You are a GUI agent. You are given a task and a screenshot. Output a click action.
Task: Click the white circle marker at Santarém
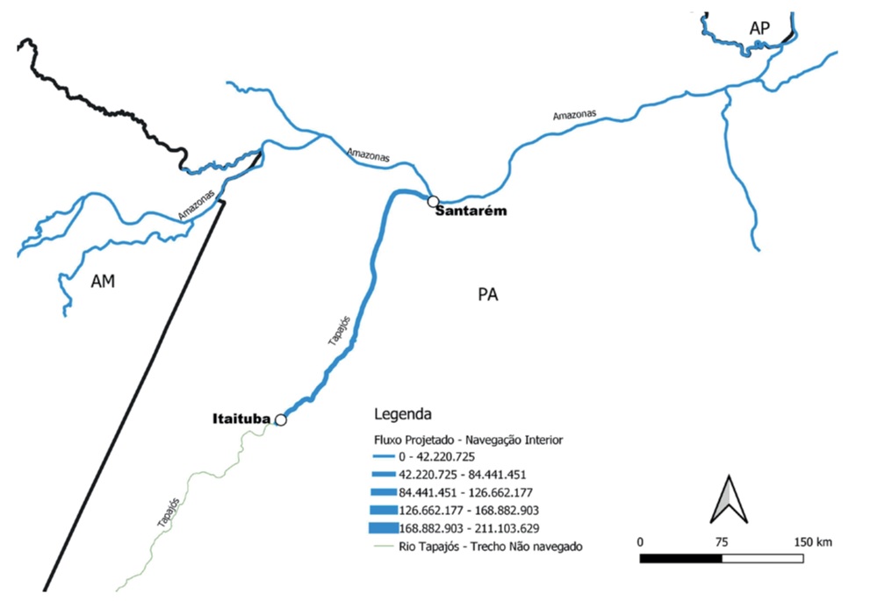pyautogui.click(x=433, y=202)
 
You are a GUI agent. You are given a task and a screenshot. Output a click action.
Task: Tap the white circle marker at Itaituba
pyautogui.click(x=281, y=419)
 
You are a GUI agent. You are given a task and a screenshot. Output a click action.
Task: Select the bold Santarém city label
pyautogui.click(x=471, y=211)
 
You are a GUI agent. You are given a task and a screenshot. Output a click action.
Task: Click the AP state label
pyautogui.click(x=759, y=29)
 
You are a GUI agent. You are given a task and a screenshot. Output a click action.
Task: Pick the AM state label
pyautogui.click(x=104, y=282)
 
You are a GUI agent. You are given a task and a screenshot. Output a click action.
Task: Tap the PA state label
pyautogui.click(x=488, y=295)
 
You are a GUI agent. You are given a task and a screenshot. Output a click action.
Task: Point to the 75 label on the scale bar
pyautogui.click(x=722, y=541)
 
